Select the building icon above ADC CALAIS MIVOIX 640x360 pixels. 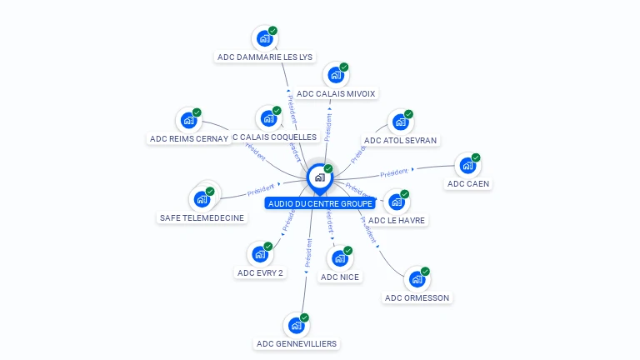[335, 75]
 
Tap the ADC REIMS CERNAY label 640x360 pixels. [188, 138]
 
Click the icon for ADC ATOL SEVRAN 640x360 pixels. [400, 122]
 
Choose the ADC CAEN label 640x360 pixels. [468, 183]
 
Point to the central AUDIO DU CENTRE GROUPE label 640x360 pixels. [320, 203]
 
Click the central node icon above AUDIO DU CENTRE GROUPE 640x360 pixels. [319, 177]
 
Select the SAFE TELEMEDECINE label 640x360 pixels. [202, 217]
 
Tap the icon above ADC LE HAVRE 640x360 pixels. [397, 202]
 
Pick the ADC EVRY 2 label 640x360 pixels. [260, 272]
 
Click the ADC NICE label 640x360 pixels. [341, 277]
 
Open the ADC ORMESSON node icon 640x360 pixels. [416, 279]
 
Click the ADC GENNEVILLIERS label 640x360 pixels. [297, 343]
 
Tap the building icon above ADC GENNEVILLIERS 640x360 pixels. [296, 325]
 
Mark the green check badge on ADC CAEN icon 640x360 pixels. [476, 157]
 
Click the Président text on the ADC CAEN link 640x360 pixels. [394, 173]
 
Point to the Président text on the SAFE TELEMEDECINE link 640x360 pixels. [261, 190]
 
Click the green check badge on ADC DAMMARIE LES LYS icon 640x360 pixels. [272, 31]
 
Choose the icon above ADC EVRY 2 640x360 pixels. [259, 253]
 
